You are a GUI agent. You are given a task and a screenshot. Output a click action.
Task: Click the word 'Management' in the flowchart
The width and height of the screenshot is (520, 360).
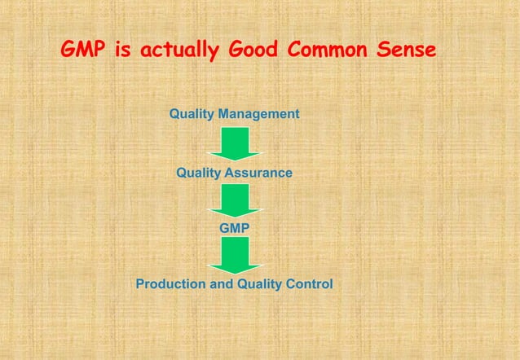click(259, 113)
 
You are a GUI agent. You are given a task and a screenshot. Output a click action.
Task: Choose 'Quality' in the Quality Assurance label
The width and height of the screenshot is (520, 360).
click(200, 173)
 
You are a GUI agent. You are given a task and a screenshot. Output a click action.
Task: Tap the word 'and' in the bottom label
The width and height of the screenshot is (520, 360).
click(219, 284)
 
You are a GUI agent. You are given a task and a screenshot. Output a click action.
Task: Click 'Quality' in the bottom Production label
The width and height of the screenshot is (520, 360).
click(258, 284)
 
